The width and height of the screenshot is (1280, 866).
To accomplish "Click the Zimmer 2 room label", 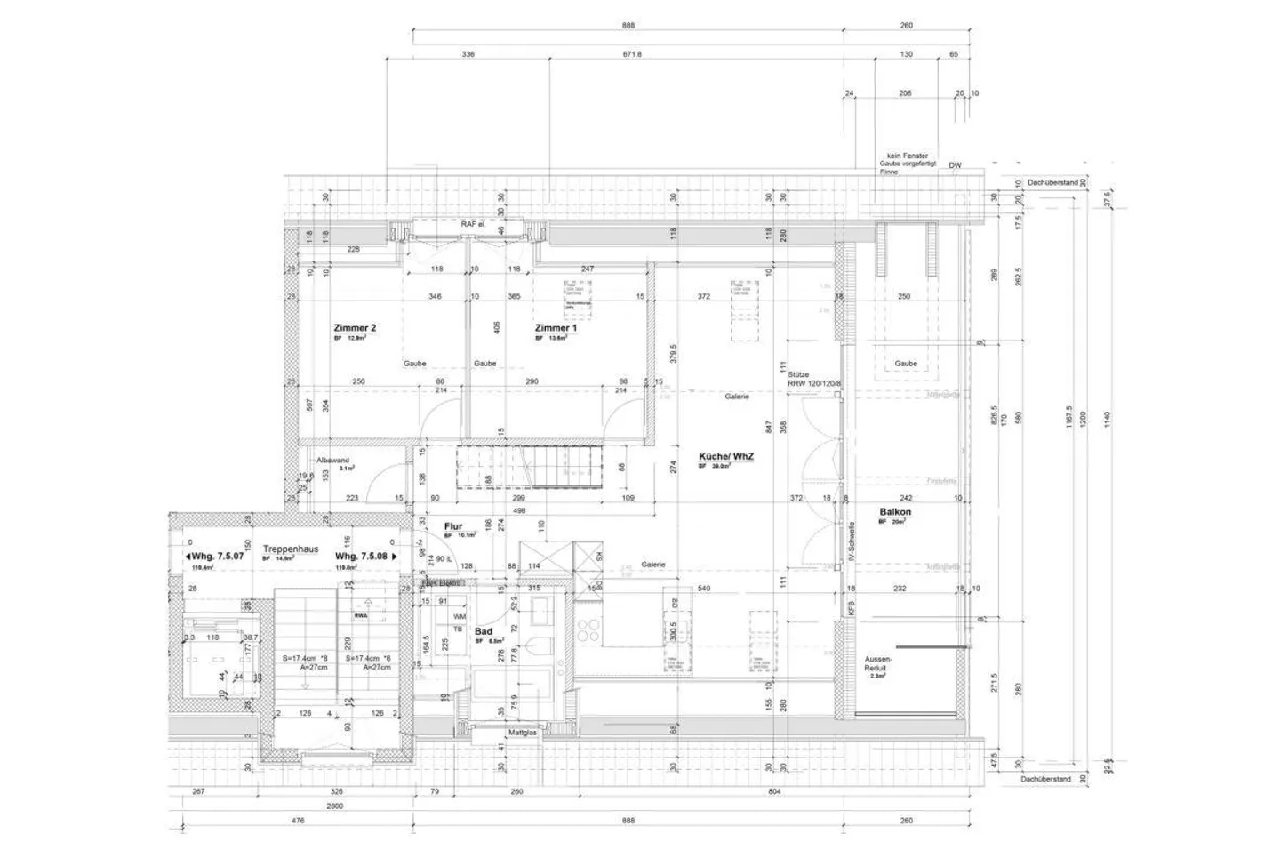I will tap(355, 328).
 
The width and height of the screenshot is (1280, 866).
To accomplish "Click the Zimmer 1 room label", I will tap(556, 328).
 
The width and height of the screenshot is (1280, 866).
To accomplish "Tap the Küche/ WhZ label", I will tap(726, 457).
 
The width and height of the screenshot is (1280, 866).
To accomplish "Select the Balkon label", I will tap(895, 512).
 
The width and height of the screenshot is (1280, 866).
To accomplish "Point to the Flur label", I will tap(453, 526).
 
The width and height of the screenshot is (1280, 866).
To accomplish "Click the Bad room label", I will tap(484, 632).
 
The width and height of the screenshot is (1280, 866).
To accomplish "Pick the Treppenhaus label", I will tap(291, 549).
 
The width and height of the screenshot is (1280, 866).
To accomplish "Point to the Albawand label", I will tap(334, 460).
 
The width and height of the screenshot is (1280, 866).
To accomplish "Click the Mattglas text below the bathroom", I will tap(522, 734).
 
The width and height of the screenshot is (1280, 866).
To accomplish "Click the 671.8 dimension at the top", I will tap(632, 54).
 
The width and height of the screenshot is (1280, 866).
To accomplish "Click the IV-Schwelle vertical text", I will tap(851, 539).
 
